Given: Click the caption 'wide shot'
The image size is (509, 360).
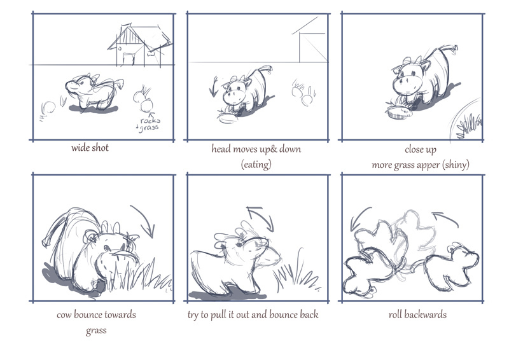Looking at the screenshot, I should click(90, 148).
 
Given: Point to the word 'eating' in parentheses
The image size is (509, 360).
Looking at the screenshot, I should click(256, 164).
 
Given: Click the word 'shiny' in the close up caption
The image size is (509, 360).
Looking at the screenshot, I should click(456, 165).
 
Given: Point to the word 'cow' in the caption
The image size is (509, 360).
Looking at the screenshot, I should click(64, 315).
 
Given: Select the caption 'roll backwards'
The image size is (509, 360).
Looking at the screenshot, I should click(417, 315).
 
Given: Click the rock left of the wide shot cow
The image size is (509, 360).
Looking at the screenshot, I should click(46, 107).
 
